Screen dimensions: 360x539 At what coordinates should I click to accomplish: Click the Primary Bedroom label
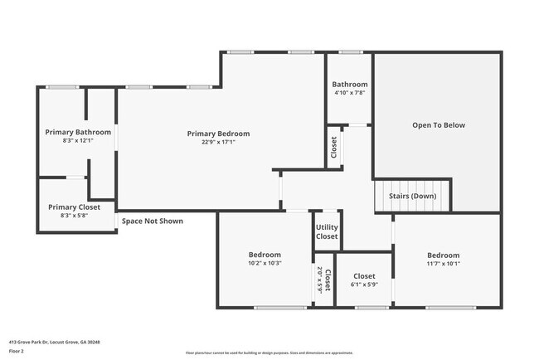(218, 134)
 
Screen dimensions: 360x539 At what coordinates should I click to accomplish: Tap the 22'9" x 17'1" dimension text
(218, 142)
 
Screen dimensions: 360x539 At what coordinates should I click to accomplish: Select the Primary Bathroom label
(78, 132)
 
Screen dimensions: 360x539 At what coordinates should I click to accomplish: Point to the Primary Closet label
(74, 207)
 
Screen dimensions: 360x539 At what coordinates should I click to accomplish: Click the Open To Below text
(439, 125)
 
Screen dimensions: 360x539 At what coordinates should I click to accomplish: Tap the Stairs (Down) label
(412, 196)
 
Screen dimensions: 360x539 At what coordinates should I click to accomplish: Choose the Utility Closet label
(327, 231)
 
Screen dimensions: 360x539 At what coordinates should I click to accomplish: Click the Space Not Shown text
(153, 221)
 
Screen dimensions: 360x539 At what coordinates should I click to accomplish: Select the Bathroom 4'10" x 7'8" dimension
(350, 93)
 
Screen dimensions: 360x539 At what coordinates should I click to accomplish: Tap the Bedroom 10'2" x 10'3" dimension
(265, 263)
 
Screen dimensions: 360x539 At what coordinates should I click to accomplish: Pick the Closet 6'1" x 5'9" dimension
(364, 285)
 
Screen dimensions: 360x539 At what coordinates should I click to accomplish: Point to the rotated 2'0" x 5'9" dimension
(319, 280)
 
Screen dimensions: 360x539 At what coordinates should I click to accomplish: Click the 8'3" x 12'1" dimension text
(78, 141)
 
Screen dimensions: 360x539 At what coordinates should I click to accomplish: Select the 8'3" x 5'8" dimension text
(74, 216)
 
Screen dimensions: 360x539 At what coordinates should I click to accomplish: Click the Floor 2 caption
(17, 352)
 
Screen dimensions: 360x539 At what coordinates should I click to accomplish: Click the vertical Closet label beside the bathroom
(334, 147)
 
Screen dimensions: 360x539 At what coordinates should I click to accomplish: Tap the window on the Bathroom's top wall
(350, 52)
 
